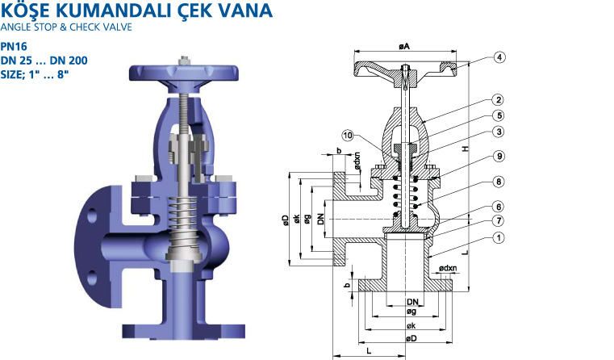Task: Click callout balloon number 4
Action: click(499, 57)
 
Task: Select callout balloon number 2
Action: click(499, 100)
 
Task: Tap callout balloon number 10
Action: click(348, 136)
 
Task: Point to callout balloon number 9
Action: click(499, 157)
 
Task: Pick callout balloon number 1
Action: click(499, 238)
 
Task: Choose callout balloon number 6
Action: click(499, 207)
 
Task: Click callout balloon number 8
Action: click(499, 182)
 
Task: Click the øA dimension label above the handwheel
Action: click(404, 47)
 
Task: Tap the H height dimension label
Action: click(466, 149)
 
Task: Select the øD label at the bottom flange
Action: click(411, 338)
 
